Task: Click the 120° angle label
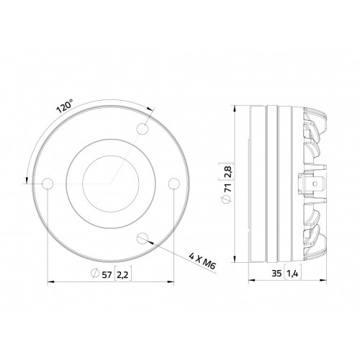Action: [65, 107]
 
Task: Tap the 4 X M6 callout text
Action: [203, 261]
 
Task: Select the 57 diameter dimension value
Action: [107, 274]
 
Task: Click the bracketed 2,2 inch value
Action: [122, 275]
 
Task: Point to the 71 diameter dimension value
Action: [228, 186]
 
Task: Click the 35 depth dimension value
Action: [276, 274]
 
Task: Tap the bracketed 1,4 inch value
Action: [293, 274]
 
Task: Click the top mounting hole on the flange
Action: [143, 129]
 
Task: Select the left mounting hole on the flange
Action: [48, 184]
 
